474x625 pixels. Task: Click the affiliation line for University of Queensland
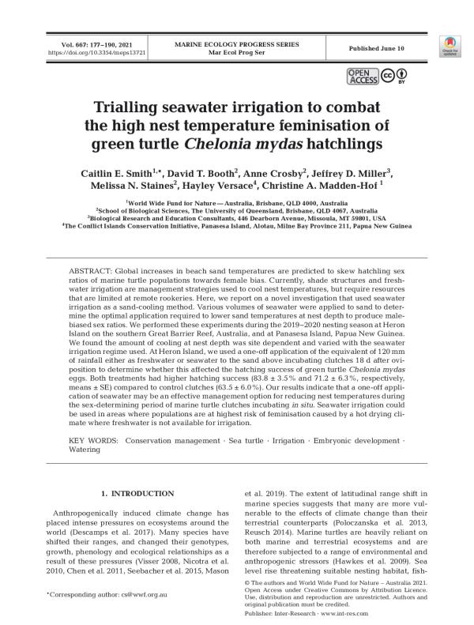pyautogui.click(x=236, y=211)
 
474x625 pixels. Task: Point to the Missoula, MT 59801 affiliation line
pyautogui.click(x=236, y=218)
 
